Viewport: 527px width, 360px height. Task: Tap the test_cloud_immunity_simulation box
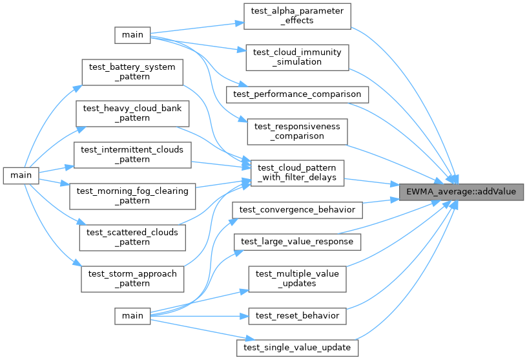297,57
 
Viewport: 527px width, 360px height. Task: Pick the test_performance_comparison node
297,94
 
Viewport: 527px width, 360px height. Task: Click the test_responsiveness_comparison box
297,131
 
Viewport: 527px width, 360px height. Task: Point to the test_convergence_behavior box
297,209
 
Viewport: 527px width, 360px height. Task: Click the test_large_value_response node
297,242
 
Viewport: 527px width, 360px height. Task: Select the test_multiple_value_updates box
297,279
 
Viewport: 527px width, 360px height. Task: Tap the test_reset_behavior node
297,315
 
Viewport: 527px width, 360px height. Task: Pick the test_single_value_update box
297,348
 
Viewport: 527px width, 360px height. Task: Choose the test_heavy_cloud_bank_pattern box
132,113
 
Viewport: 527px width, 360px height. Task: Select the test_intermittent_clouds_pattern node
132,154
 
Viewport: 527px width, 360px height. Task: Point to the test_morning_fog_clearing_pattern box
132,195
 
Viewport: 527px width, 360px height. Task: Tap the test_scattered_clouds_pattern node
132,237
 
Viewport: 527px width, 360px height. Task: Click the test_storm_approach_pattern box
132,278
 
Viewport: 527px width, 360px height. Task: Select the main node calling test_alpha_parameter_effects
132,35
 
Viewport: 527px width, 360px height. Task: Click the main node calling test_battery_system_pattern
21,175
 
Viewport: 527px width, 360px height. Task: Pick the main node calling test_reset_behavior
132,315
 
